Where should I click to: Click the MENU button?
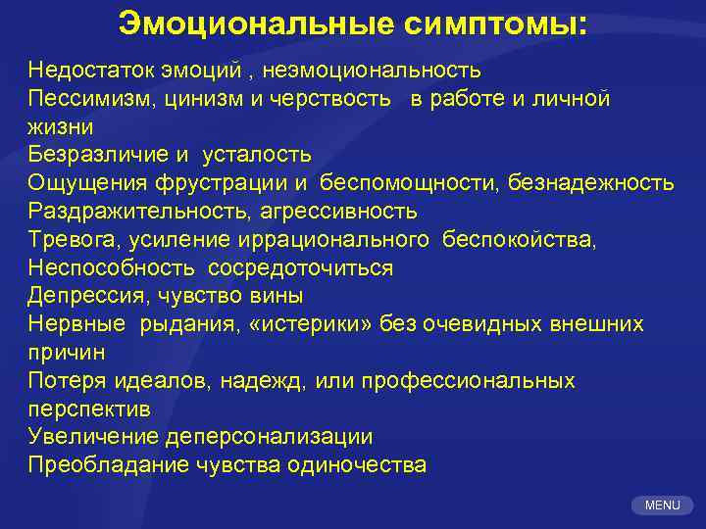pos(663,505)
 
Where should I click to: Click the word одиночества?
pos(357,465)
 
